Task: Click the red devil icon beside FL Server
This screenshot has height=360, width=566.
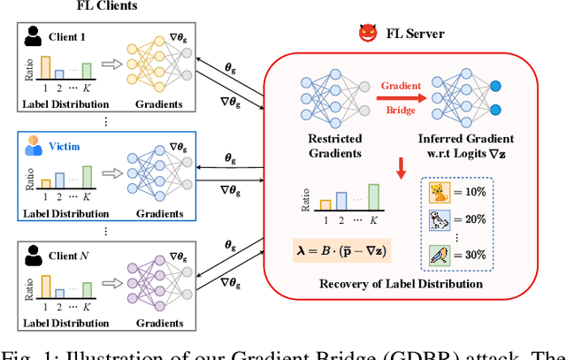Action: click(367, 34)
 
